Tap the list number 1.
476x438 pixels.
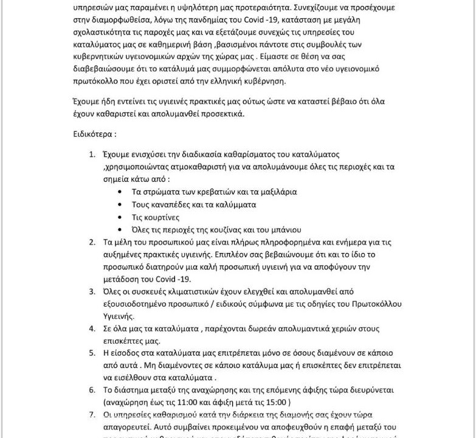coord(92,155)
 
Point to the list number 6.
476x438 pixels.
coord(92,390)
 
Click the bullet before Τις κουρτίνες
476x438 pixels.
coord(120,217)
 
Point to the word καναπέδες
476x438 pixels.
coord(174,204)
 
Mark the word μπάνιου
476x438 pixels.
coord(283,230)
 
